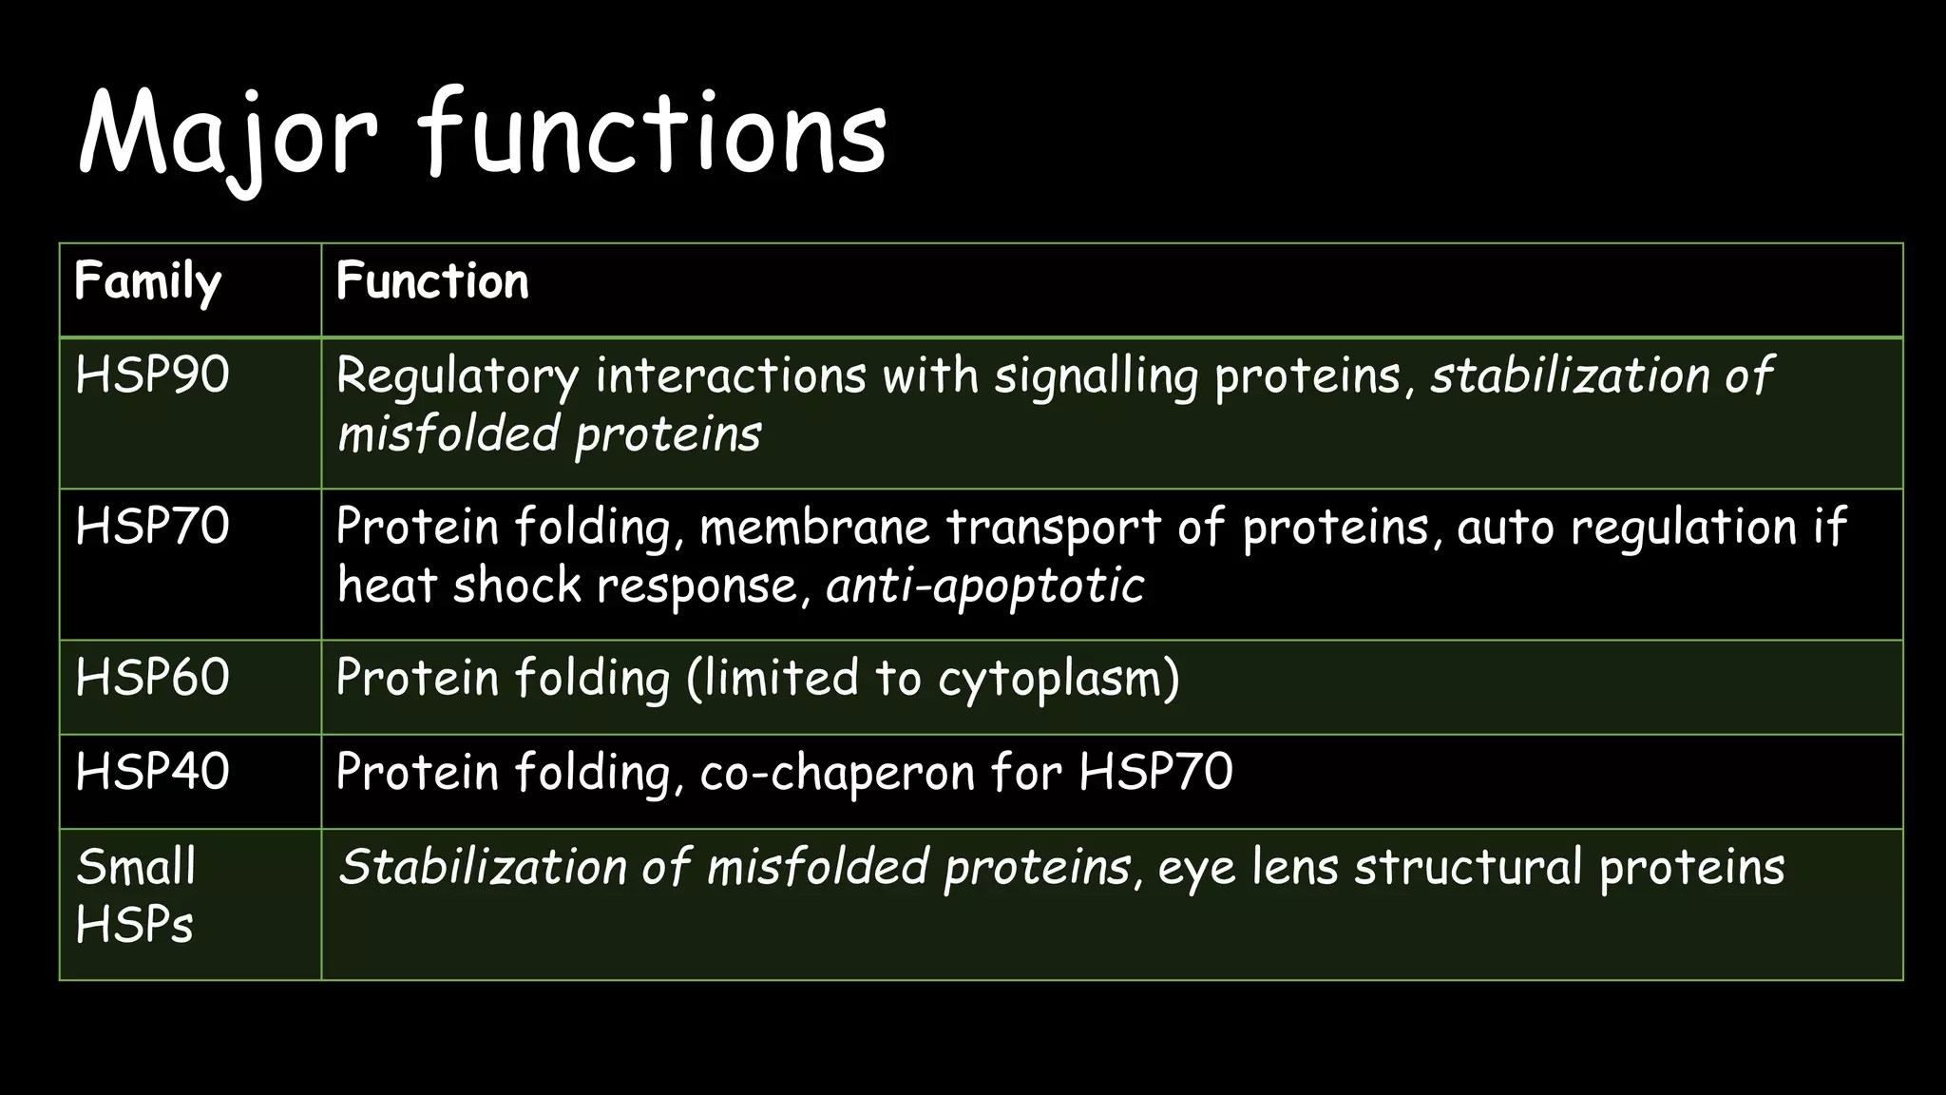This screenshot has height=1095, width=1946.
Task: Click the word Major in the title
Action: [228, 133]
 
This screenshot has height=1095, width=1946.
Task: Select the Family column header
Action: [147, 282]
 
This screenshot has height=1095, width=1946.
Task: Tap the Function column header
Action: [432, 281]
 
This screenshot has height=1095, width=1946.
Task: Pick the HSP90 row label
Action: [152, 375]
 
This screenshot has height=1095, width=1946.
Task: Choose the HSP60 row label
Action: [152, 678]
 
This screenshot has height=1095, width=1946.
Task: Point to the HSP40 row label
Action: [152, 771]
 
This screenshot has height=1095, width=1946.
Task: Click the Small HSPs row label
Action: [136, 894]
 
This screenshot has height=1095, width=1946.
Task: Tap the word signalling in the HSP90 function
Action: [1096, 376]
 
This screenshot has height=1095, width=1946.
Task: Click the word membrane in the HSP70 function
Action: [814, 528]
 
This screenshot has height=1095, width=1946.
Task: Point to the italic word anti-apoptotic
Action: [985, 586]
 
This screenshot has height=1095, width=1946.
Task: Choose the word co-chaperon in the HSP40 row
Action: [837, 772]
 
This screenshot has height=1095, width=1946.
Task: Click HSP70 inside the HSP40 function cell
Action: [1155, 771]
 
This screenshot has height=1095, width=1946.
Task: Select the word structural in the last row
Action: [1469, 867]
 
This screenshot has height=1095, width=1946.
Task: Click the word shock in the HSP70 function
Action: [516, 585]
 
